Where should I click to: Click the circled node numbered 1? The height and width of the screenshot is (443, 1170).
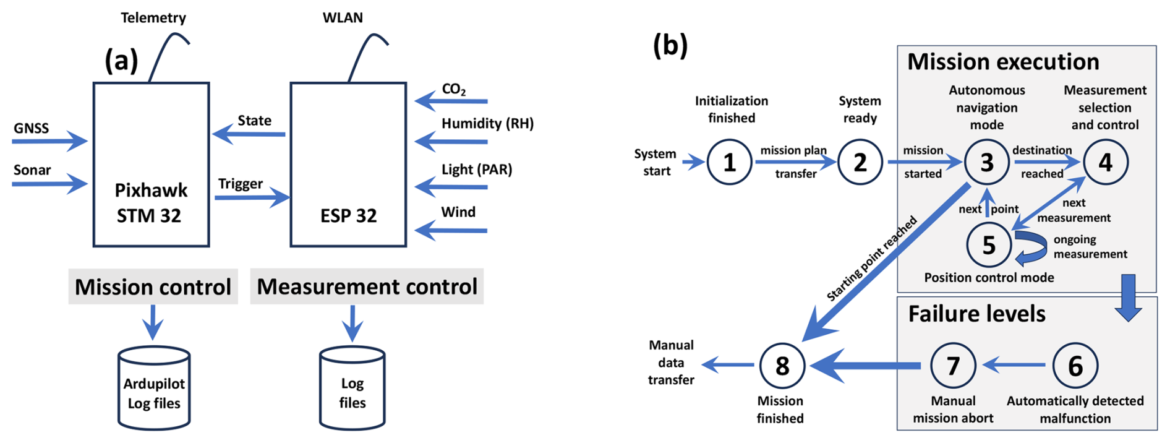click(730, 162)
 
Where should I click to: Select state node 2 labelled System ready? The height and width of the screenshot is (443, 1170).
click(860, 162)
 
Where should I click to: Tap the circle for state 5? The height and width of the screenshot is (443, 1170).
click(989, 245)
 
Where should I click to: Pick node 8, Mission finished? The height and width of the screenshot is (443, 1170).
click(782, 366)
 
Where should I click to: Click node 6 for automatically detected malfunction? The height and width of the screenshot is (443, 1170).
click(1075, 366)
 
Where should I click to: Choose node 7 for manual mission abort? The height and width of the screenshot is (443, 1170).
click(953, 366)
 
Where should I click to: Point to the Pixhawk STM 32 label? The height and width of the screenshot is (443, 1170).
click(150, 202)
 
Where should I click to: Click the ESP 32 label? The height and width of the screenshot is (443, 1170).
click(348, 215)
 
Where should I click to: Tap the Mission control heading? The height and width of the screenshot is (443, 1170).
click(153, 287)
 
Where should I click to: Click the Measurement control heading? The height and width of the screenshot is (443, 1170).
click(367, 287)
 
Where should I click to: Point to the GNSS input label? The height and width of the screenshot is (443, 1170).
click(31, 128)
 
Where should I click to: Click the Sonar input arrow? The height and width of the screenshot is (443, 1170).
click(49, 184)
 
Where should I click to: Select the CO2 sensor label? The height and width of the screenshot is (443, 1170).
click(454, 89)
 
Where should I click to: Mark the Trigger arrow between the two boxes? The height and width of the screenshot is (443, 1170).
click(252, 197)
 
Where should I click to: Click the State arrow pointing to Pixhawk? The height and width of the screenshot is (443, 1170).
click(249, 134)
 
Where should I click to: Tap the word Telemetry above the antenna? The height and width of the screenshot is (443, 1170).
click(153, 17)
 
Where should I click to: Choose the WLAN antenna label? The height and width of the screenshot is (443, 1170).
click(343, 17)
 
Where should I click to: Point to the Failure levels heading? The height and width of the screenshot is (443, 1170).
click(976, 314)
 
